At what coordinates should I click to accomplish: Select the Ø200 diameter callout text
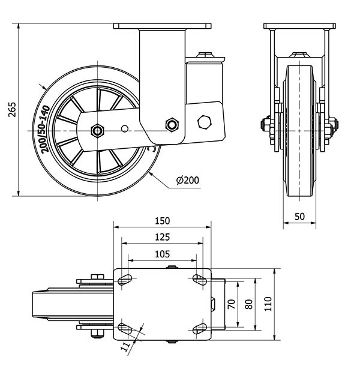pos(187,180)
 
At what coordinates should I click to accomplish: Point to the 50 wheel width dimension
pos(300,215)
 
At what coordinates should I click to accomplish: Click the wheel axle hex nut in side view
pos(97,130)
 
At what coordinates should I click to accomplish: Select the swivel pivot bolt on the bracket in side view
pos(172,124)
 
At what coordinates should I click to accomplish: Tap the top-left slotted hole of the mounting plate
pos(126,278)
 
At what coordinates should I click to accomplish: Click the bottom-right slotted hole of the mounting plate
pos(199,328)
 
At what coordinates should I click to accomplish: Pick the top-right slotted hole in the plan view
pos(199,278)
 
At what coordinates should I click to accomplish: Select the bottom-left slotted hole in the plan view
pos(126,328)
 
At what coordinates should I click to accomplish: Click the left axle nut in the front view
pos(264,125)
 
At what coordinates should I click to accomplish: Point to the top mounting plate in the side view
pos(163,26)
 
